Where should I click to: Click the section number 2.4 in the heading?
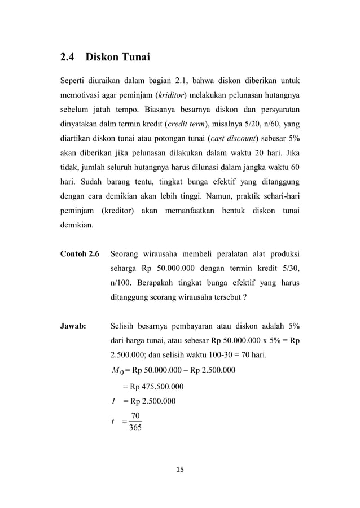pyautogui.click(x=69, y=57)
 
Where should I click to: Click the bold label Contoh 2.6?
pyautogui.click(x=80, y=253)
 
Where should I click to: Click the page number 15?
pyautogui.click(x=180, y=469)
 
